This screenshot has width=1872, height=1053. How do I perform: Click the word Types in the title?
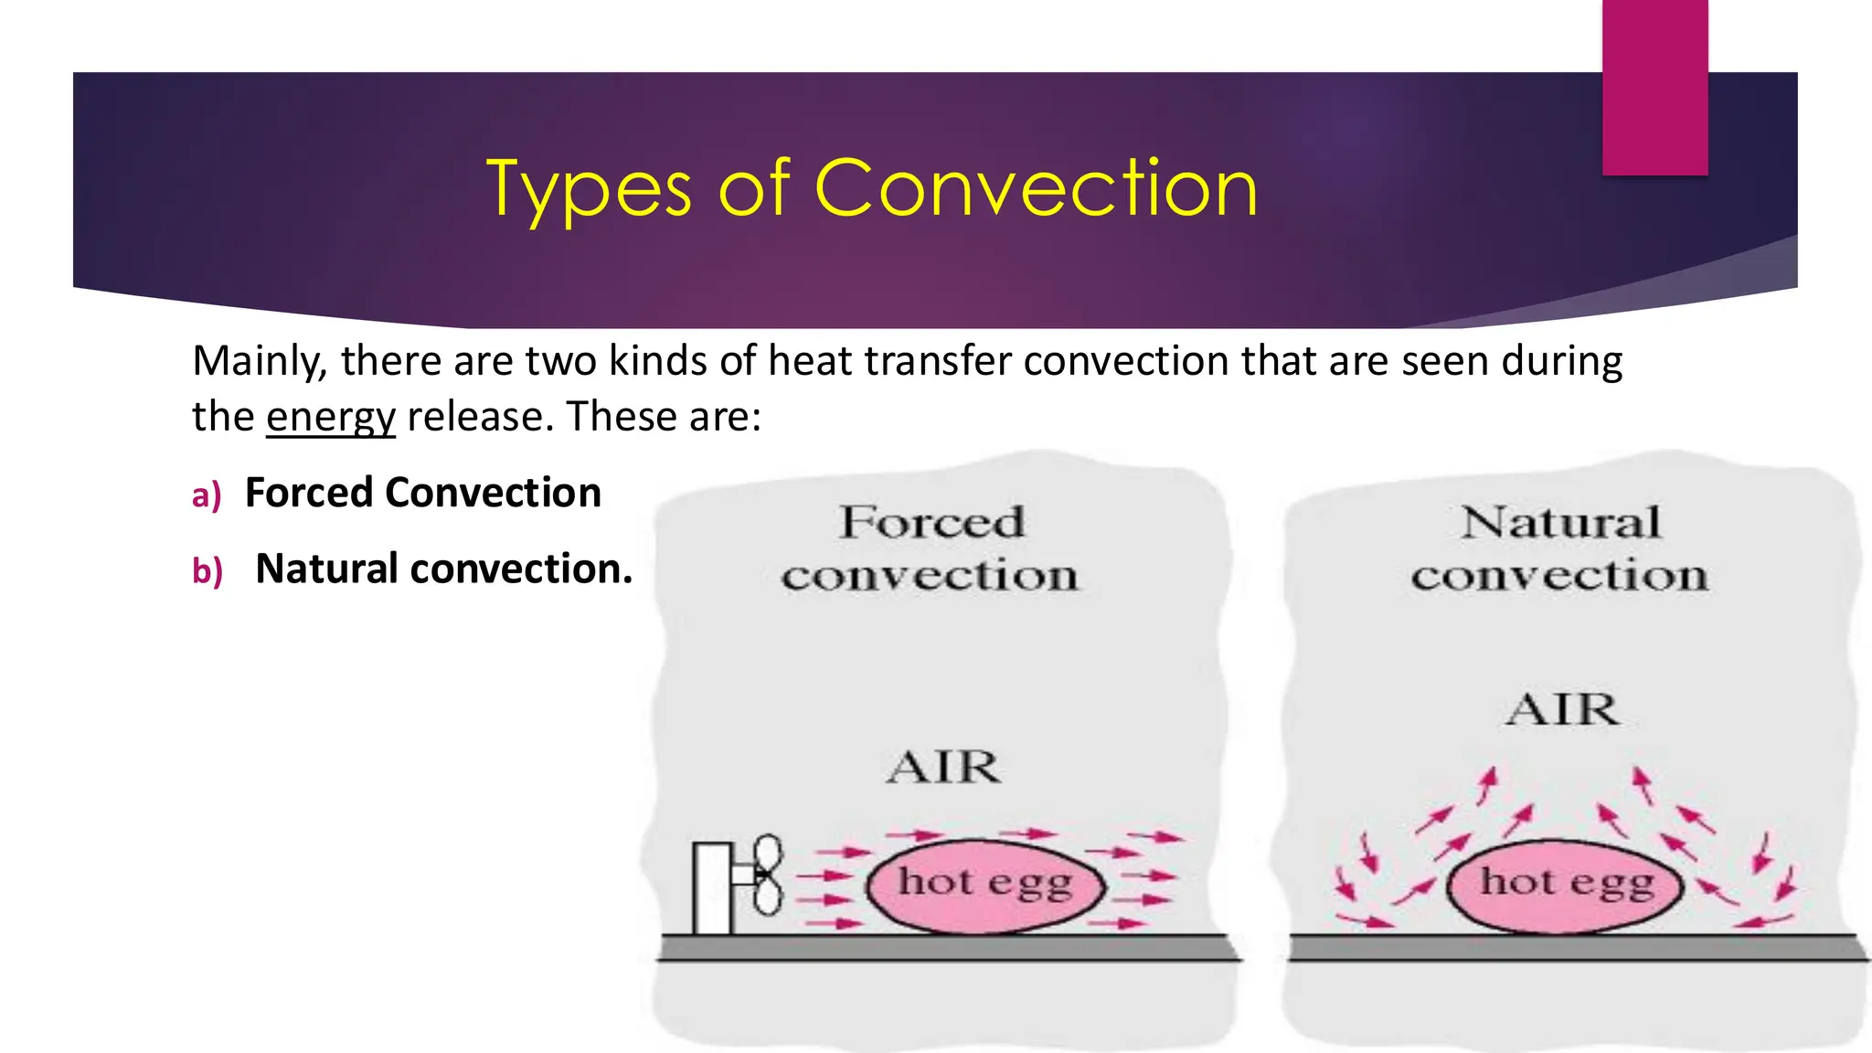588,190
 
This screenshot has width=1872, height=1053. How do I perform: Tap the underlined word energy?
330,418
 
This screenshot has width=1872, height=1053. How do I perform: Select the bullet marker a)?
207,495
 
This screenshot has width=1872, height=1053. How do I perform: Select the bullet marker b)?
207,571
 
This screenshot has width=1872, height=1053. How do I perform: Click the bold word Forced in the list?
310,493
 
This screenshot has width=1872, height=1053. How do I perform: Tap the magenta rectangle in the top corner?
1654,87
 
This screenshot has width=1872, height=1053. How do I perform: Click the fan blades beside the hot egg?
768,875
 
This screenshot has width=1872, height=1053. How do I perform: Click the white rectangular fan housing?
712,888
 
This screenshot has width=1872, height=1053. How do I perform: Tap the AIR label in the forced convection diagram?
943,767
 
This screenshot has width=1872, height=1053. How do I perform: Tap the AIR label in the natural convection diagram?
1562,710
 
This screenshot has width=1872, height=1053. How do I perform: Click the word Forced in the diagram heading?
931,523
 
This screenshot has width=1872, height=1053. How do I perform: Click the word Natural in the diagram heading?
1560,523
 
